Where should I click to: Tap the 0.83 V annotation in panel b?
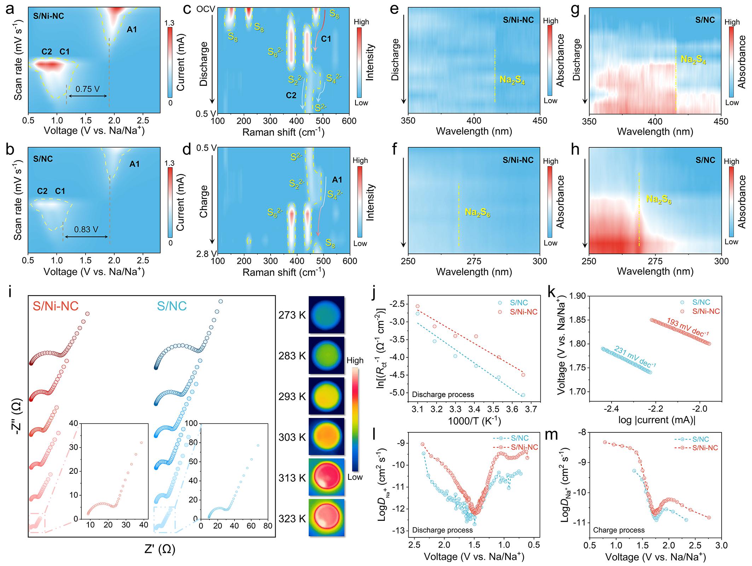[x=86, y=229]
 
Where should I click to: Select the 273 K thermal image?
[x=326, y=315]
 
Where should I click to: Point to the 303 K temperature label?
[x=292, y=437]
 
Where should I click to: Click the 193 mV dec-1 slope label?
[x=688, y=327]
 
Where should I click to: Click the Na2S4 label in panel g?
[x=693, y=60]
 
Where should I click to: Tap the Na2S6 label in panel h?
[x=659, y=199]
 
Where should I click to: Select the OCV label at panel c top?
[x=206, y=9]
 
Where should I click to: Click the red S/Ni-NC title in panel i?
[x=56, y=306]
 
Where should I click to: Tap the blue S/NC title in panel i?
[x=172, y=306]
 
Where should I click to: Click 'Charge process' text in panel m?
[x=619, y=530]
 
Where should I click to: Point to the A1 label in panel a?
[x=132, y=30]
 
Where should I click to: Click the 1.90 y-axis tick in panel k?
[x=577, y=296]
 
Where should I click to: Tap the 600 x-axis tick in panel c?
[x=349, y=121]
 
